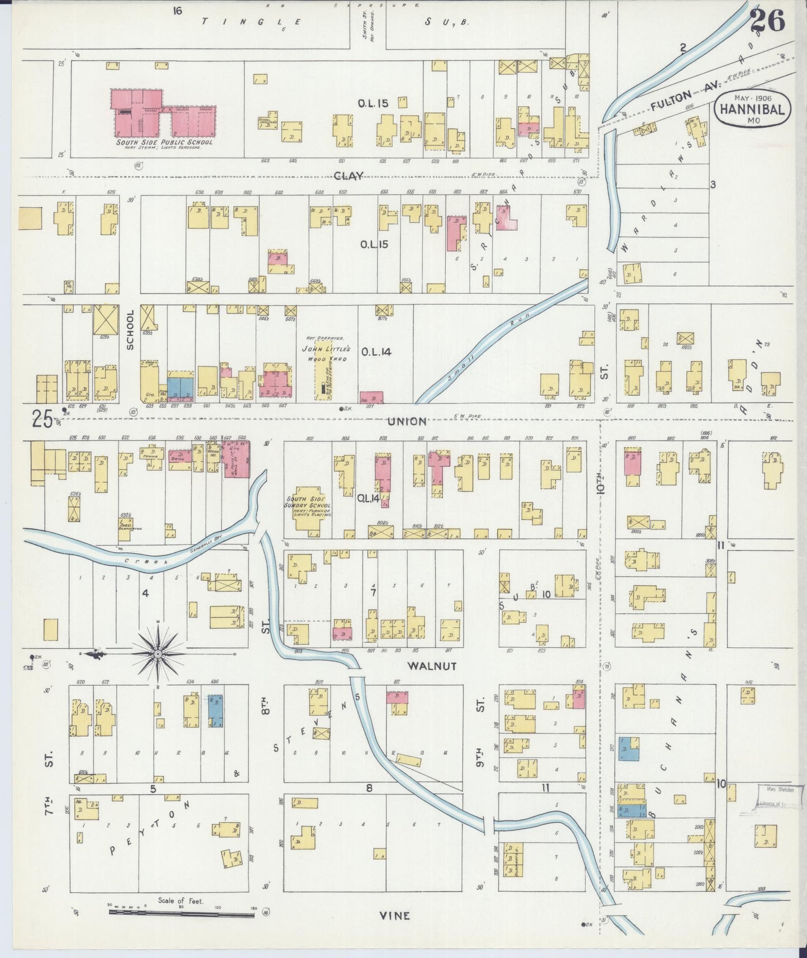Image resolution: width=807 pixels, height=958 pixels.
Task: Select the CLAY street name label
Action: click(348, 176)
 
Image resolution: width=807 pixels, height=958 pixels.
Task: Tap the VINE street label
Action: click(394, 916)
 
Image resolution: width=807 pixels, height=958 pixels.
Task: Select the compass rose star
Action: click(158, 653)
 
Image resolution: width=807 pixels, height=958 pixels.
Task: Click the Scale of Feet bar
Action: click(182, 913)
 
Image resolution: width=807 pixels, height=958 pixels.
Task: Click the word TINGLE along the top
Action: click(251, 22)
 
